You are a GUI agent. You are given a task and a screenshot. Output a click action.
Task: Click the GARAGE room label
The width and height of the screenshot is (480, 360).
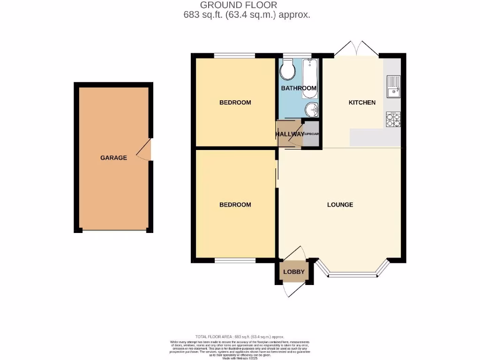click(x=113, y=158)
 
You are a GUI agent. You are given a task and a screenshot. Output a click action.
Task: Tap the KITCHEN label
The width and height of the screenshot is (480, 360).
click(x=362, y=103)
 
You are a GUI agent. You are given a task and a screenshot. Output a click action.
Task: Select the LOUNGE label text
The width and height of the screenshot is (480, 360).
click(x=340, y=205)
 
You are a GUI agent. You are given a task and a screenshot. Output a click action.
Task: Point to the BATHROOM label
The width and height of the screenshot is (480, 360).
click(x=299, y=88)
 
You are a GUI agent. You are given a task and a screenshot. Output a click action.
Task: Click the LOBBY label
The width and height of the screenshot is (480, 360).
click(x=294, y=272)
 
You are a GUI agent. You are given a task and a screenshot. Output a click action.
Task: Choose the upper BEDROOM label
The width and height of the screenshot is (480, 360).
click(x=235, y=103)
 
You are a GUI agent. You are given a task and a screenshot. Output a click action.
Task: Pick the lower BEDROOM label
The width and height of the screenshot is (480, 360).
click(x=235, y=205)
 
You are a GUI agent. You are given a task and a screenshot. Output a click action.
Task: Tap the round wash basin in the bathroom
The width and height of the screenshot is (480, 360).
click(x=311, y=110)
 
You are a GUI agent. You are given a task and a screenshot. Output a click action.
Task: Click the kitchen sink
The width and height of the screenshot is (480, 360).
click(x=393, y=87)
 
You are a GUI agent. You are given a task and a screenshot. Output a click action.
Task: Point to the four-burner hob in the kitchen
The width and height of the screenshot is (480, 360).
click(x=393, y=120)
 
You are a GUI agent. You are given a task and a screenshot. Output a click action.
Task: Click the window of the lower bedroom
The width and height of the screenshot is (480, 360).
click(x=235, y=260)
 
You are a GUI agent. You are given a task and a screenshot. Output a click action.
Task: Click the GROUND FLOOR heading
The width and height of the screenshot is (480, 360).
click(x=239, y=5)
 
